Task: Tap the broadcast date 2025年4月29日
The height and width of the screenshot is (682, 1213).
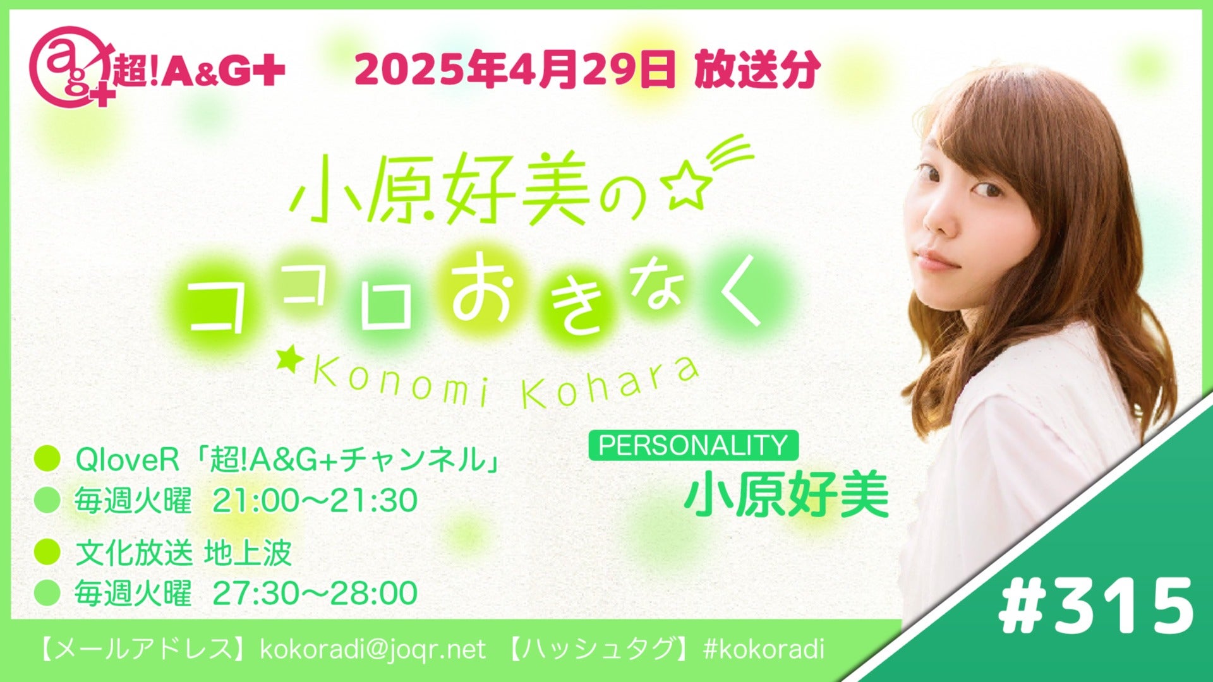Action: point(515,69)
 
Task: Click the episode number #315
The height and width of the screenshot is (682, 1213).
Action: point(1096,605)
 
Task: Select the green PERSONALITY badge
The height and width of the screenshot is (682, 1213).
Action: point(693,445)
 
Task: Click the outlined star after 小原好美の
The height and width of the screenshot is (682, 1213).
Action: point(687,189)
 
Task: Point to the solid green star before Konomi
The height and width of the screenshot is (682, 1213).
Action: point(292,362)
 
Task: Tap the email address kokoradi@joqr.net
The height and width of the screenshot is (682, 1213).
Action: point(373,649)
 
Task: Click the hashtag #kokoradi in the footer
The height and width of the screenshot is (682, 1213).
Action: point(763,649)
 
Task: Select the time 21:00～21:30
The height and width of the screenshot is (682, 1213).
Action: point(315,501)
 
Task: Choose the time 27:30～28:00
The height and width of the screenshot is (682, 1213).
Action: point(315,593)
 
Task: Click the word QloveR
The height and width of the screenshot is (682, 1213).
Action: point(128,460)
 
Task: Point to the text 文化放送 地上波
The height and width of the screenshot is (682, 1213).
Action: point(183,553)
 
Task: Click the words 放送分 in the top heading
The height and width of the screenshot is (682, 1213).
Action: point(757,69)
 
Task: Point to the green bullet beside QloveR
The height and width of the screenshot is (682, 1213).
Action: point(47,459)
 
